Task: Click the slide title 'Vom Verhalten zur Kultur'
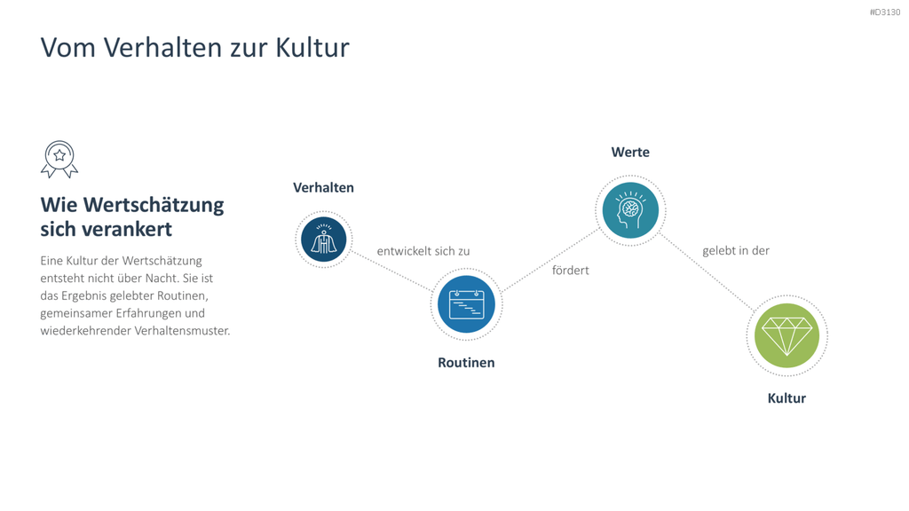pos(194,48)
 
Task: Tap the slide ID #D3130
pos(885,12)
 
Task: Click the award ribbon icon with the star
pos(59,160)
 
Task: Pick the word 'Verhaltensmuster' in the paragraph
pos(182,331)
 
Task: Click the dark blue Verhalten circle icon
pos(323,240)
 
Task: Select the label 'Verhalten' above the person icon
pos(323,188)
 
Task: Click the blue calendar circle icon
pos(466,304)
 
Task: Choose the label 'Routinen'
pos(466,363)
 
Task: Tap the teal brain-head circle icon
pos(630,210)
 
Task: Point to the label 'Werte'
pos(630,153)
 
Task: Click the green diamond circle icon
pos(786,335)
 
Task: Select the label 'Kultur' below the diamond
pos(786,398)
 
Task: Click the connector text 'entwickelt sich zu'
pos(423,251)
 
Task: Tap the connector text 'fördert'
pos(571,271)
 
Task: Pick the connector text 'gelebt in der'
pos(736,251)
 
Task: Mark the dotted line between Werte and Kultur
pos(707,272)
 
